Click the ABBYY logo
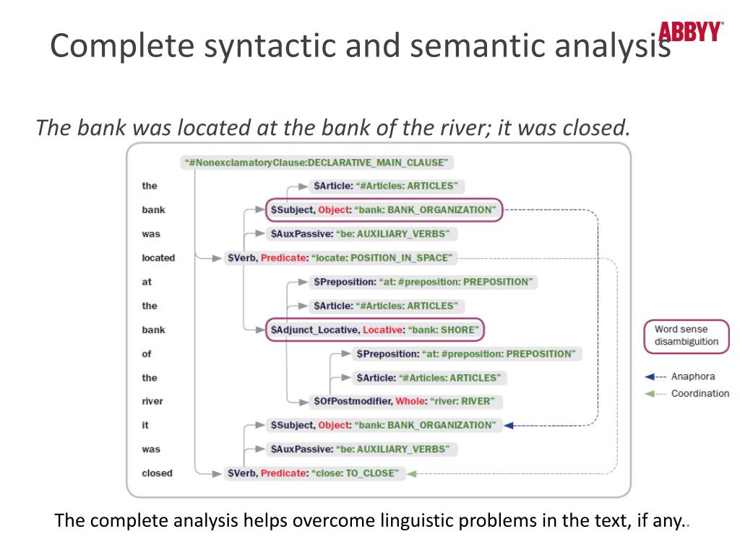pos(690,32)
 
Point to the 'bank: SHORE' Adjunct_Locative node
pos(374,330)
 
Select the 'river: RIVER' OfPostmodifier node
pos(408,401)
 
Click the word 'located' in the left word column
pos(158,258)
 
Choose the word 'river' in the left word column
pos(152,401)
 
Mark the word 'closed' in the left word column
pos(157,473)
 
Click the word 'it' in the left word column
pos(145,426)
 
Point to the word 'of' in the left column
pos(147,353)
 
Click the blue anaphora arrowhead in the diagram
pos(508,426)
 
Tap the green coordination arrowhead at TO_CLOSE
pos(411,473)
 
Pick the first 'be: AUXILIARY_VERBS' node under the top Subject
pos(360,233)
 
